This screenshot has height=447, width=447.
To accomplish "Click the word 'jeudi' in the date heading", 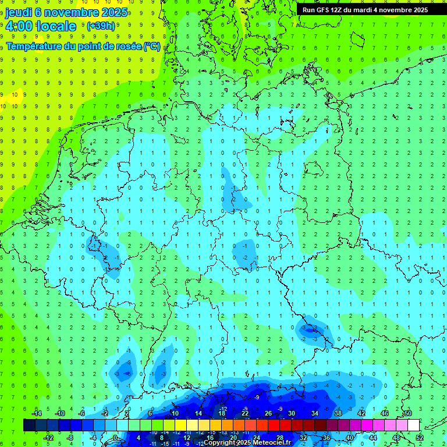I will point(20,12).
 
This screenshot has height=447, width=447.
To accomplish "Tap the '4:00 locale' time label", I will point(41,26).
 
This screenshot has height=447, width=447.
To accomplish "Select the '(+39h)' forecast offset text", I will point(101,26).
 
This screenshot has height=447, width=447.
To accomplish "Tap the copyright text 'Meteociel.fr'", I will point(268,442).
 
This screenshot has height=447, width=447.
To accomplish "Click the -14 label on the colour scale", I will point(37,413).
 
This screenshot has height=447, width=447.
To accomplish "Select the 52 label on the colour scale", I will point(420,437).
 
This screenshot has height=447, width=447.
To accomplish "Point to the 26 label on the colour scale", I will point(268,413).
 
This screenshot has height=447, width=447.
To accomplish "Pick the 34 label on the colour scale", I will point(315,413).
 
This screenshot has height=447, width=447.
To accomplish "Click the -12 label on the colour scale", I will point(48,437).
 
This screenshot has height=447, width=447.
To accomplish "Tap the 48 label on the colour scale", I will point(397,437).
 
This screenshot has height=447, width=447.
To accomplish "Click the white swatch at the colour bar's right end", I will point(413,425).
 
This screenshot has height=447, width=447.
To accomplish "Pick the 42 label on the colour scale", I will point(361,413).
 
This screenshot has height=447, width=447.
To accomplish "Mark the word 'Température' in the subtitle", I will point(31,46).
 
